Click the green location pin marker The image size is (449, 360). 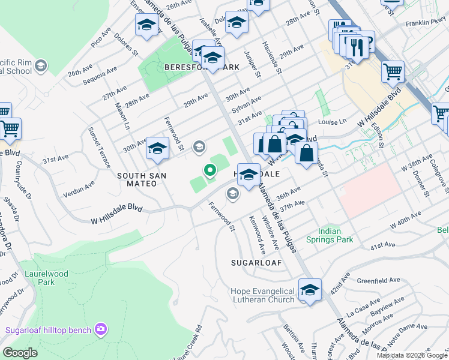click(x=210, y=171)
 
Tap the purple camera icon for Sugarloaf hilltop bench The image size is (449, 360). click(x=101, y=329)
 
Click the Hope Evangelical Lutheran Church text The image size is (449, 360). click(x=262, y=295)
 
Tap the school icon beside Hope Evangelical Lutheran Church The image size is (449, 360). click(x=310, y=290)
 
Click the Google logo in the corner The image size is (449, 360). click(x=20, y=353)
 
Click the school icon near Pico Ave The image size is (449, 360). click(x=146, y=25)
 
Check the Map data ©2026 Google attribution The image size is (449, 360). click(x=411, y=355)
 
